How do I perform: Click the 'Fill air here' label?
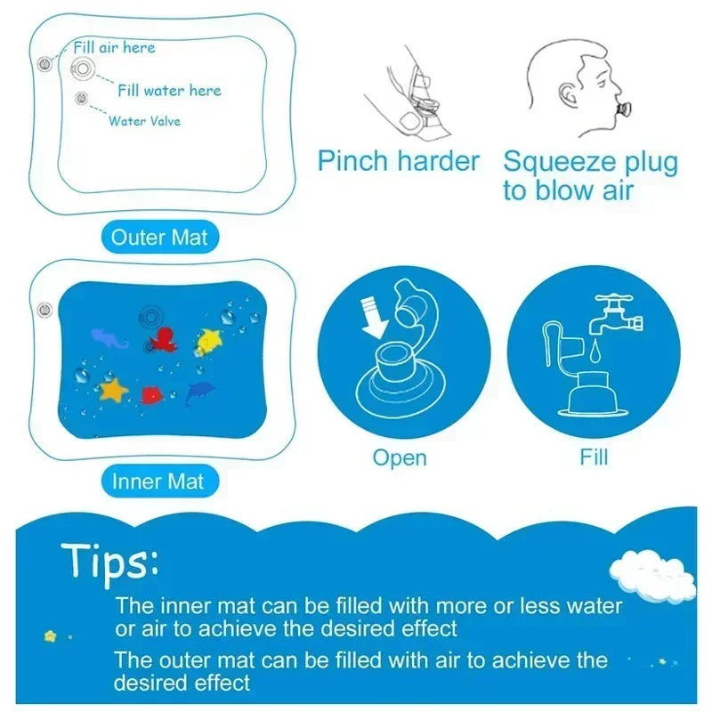point(113,47)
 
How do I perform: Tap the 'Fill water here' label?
point(169,90)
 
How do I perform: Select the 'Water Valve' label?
point(144,120)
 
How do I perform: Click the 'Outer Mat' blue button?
point(158,238)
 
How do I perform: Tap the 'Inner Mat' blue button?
point(158,481)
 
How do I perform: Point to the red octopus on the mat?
point(163,340)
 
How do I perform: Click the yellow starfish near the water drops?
point(210,337)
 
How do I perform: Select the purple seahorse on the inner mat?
point(109,337)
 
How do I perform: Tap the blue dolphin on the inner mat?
point(202,392)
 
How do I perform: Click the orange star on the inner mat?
point(113,389)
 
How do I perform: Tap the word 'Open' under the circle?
point(400,457)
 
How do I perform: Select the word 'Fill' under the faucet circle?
point(594,457)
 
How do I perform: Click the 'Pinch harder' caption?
point(399,162)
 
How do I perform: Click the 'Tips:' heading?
point(110,562)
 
